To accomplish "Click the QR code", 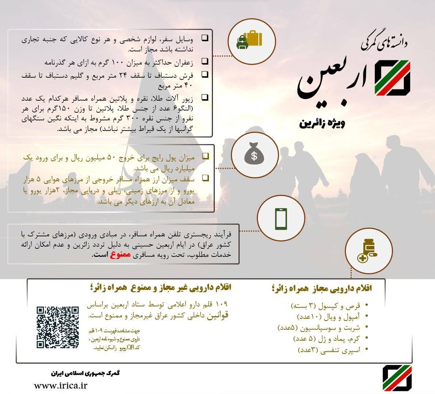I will coord(58,327).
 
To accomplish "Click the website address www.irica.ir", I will coord(61,386).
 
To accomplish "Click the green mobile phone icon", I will coord(281,219).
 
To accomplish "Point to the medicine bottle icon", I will coord(369,250).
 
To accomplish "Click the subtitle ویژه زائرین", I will coord(322,123).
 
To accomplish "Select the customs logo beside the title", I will coord(393,78).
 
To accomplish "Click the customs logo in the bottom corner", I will coord(397,378).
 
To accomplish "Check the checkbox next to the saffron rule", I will coord(205,61).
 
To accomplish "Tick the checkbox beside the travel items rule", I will coord(205,38).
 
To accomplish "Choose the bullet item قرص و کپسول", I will coord(325,305).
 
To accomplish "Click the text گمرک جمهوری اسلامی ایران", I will coord(85,373).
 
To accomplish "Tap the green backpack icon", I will coord(242,42).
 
